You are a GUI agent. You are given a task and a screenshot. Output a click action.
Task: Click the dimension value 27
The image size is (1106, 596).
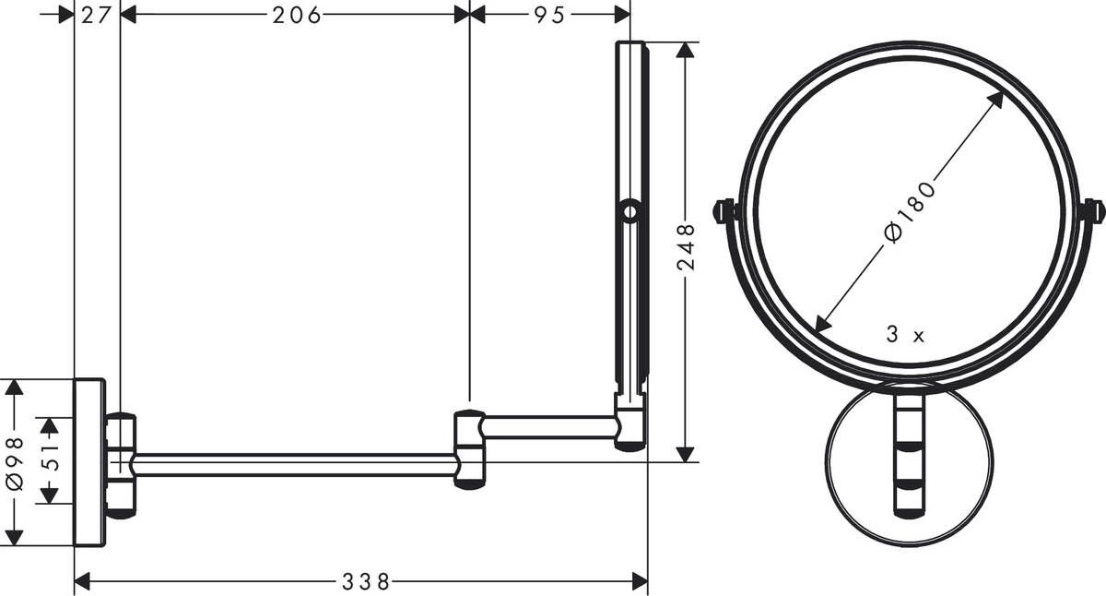[95, 14]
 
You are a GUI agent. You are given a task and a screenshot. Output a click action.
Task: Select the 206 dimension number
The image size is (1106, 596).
[296, 14]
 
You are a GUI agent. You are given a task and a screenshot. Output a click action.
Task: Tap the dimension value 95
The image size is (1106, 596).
[548, 14]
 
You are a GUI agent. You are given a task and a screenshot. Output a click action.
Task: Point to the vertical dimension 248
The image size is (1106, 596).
[685, 250]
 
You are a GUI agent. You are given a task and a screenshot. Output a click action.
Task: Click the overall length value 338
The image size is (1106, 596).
[366, 581]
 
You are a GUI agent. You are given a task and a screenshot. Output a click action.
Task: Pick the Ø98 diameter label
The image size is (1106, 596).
[14, 461]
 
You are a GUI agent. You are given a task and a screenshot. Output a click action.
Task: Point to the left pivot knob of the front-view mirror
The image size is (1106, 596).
[725, 210]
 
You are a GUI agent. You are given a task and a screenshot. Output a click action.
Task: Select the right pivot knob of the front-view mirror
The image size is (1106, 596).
[1092, 210]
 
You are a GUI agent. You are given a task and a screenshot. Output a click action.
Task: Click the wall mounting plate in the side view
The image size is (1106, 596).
[90, 461]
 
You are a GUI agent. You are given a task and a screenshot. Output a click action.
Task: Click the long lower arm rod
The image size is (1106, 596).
[295, 464]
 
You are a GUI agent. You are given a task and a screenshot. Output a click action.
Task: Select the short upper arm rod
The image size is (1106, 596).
[548, 426]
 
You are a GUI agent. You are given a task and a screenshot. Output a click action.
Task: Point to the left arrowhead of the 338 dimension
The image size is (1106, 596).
[81, 580]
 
